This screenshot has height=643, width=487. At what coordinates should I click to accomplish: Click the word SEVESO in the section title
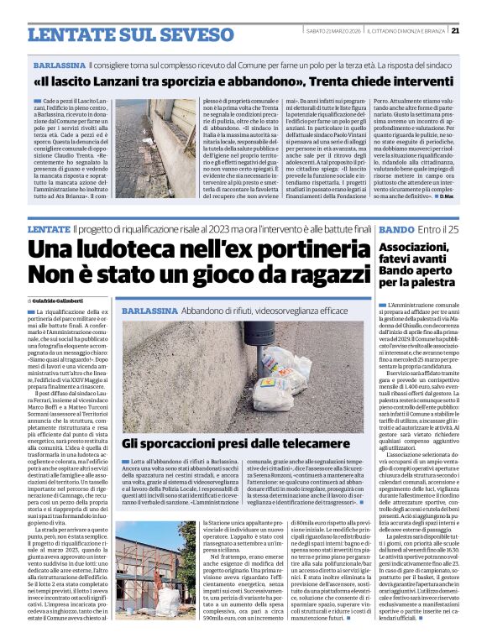(x=173, y=34)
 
